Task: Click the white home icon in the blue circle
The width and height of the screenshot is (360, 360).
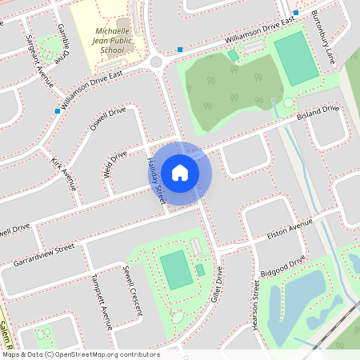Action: pos(180,172)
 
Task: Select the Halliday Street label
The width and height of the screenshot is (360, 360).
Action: pos(154,179)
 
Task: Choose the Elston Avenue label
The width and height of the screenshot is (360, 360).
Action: pos(290,232)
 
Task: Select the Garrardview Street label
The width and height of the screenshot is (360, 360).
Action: pos(43,255)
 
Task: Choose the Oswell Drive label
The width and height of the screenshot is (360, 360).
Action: pos(108,117)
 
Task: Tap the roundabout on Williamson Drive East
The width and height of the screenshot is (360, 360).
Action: pos(156,62)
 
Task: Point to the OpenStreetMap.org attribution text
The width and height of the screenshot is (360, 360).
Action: pos(81,354)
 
